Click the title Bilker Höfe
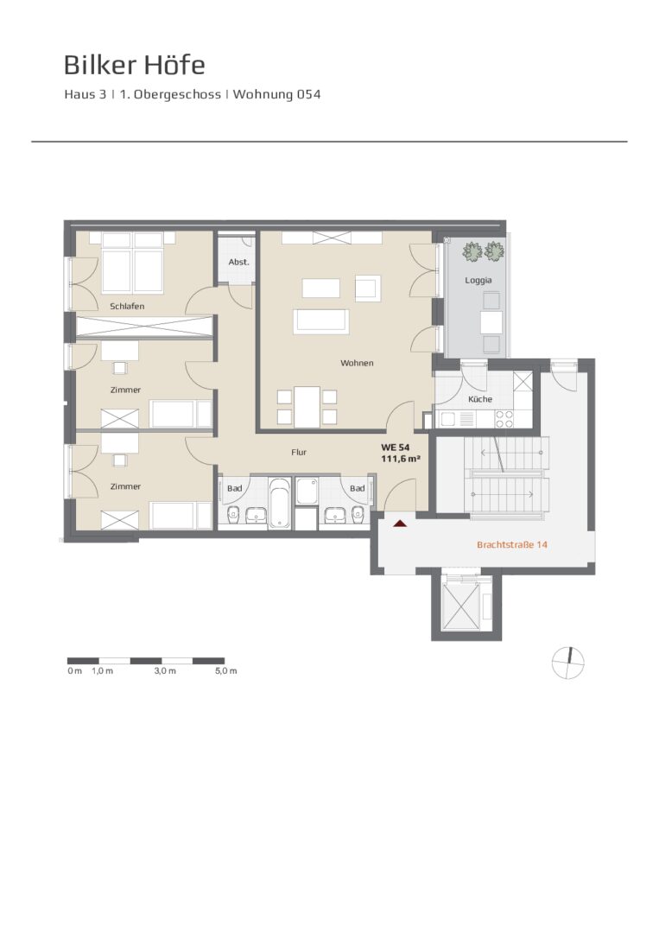click(x=135, y=65)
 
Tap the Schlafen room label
click(x=127, y=307)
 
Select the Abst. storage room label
click(x=239, y=262)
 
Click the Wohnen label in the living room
click(x=357, y=363)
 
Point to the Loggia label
click(x=478, y=280)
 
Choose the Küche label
click(x=480, y=399)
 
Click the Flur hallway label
click(x=299, y=452)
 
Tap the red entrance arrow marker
click(x=401, y=524)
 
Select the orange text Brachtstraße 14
click(x=512, y=544)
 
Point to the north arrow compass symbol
click(x=568, y=662)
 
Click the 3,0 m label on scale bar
click(x=165, y=671)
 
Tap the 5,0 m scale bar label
click(x=226, y=671)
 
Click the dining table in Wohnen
click(x=307, y=405)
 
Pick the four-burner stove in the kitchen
click(x=504, y=420)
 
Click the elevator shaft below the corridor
click(x=466, y=604)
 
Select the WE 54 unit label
click(x=396, y=447)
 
